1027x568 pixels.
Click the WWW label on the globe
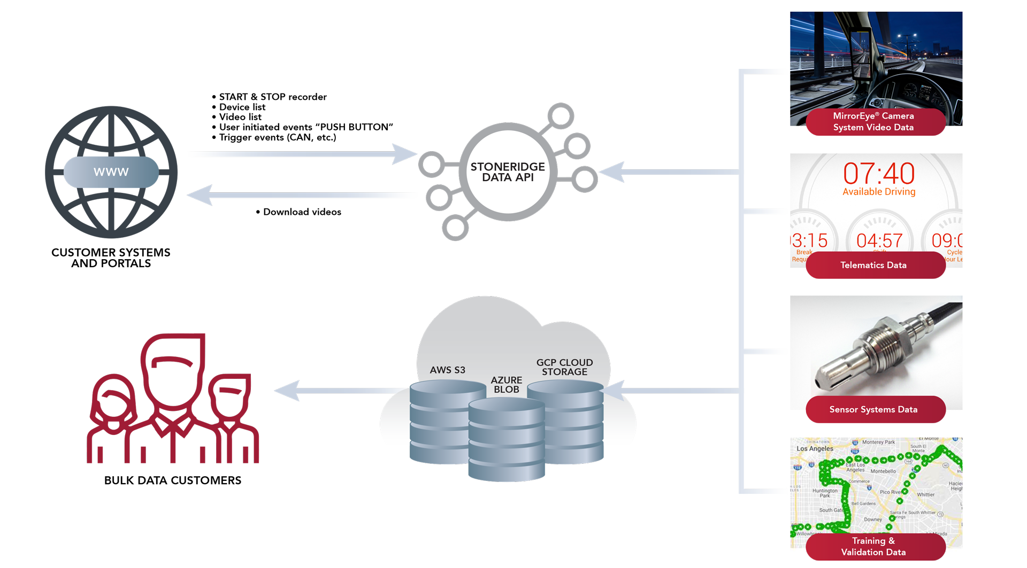(111, 172)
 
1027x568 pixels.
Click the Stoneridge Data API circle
(508, 172)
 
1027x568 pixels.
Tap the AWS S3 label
(447, 370)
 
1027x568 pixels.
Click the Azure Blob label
(506, 385)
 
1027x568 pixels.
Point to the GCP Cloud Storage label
(564, 367)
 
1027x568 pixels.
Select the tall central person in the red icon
(173, 385)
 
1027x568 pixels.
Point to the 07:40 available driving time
(879, 174)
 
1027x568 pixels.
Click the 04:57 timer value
(879, 240)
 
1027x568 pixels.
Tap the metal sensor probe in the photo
(877, 347)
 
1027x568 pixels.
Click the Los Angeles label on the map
(815, 449)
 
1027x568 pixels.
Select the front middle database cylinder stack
(506, 441)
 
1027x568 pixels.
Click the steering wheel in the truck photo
(909, 99)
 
